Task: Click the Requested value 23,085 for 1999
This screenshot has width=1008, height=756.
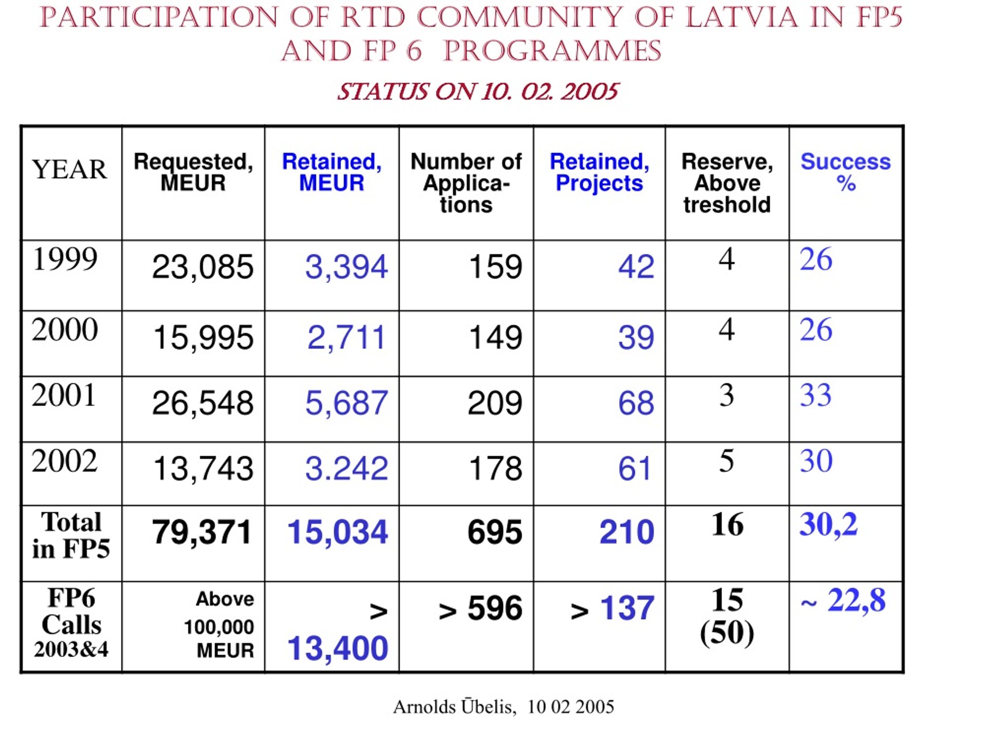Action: pyautogui.click(x=202, y=267)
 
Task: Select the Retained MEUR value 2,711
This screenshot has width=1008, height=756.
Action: pyautogui.click(x=346, y=338)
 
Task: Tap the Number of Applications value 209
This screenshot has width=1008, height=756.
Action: pyautogui.click(x=495, y=403)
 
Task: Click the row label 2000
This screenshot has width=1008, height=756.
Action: pyautogui.click(x=65, y=330)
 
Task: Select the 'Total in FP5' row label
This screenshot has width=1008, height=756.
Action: pyautogui.click(x=71, y=535)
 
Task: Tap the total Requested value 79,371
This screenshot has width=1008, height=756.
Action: pyautogui.click(x=202, y=532)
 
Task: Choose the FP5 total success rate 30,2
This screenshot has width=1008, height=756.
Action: pyautogui.click(x=828, y=524)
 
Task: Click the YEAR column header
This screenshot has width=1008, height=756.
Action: pyautogui.click(x=69, y=170)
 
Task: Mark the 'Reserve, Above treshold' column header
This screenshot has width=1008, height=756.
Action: pyautogui.click(x=727, y=183)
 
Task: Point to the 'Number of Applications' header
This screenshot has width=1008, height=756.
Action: pyautogui.click(x=466, y=183)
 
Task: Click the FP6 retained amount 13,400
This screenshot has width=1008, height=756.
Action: pyautogui.click(x=338, y=649)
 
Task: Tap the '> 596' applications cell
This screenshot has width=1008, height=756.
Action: pyautogui.click(x=480, y=608)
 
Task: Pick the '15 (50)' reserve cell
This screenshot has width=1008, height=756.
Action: pyautogui.click(x=727, y=616)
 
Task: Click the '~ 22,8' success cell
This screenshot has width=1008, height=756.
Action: pyautogui.click(x=843, y=600)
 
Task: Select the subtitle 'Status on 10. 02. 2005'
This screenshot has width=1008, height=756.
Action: pyautogui.click(x=478, y=92)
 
